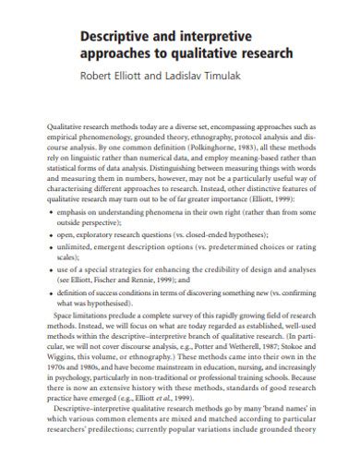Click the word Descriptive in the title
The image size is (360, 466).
[x=115, y=37]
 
